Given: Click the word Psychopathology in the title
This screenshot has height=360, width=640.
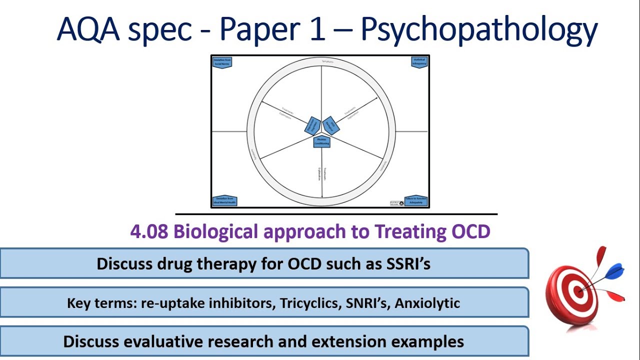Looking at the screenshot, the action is [x=479, y=30].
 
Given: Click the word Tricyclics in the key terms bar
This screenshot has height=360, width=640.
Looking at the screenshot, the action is [x=308, y=303].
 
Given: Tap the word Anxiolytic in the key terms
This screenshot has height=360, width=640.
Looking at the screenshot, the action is [x=427, y=303].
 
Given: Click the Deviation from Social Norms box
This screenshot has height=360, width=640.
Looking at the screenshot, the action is [x=222, y=62].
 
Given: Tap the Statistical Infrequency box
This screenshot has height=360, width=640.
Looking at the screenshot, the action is [x=419, y=62].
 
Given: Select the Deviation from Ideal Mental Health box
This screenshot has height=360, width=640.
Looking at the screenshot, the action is [x=224, y=200].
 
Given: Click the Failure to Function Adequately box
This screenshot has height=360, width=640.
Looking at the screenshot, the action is [x=415, y=200].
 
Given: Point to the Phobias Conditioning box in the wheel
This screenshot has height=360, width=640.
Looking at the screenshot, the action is [x=322, y=141].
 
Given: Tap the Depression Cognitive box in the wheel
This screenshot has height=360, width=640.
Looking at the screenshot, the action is [x=312, y=125].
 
